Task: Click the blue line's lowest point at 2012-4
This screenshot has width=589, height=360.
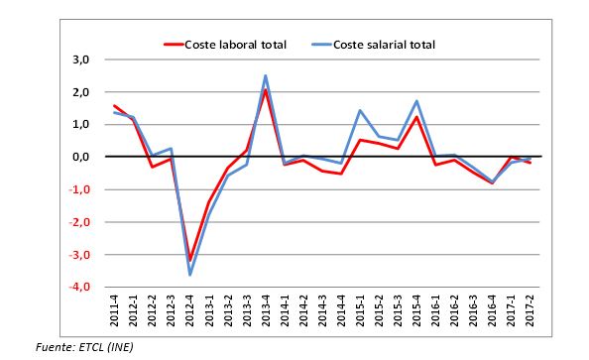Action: [x=190, y=275]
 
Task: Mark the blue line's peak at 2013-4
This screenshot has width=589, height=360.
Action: [x=266, y=75]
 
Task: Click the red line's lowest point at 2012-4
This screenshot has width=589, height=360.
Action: [x=190, y=260]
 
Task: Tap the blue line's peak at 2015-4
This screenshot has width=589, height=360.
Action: [x=416, y=101]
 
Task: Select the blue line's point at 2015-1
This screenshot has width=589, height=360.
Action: [x=360, y=110]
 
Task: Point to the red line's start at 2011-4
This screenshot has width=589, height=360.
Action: [x=115, y=106]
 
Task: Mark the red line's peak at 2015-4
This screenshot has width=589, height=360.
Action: [x=416, y=117]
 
